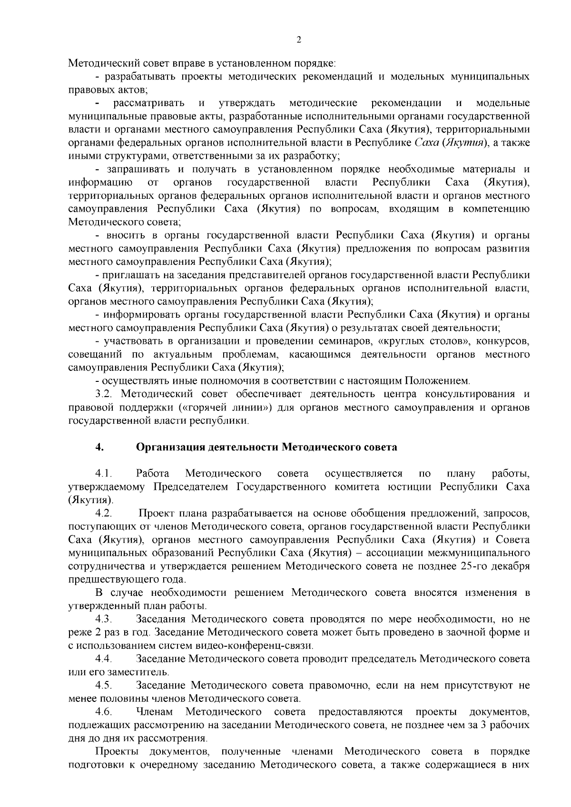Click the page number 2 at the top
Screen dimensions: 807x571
tap(299, 40)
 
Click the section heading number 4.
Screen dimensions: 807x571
tap(99, 447)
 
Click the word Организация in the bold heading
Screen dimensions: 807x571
tap(166, 447)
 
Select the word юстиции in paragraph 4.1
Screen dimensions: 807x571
tap(414, 487)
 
